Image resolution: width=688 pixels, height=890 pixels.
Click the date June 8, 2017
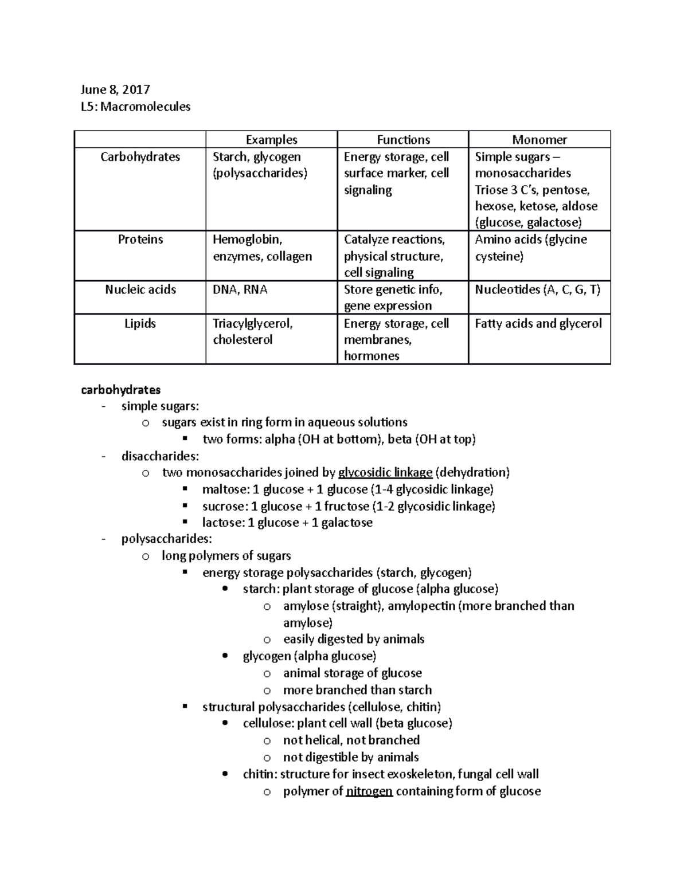point(115,89)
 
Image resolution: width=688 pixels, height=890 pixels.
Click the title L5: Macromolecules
point(136,107)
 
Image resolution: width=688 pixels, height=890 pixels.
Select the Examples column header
point(271,140)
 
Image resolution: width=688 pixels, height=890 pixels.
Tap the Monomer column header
point(539,140)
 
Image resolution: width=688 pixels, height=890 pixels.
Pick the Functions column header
point(403,140)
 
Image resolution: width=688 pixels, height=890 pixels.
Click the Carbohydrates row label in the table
point(140,157)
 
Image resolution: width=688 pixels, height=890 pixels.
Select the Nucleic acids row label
point(140,289)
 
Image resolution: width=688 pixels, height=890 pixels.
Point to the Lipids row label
point(140,323)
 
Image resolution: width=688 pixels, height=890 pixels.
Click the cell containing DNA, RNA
point(240,289)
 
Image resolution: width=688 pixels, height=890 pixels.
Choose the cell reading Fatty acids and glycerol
point(538,323)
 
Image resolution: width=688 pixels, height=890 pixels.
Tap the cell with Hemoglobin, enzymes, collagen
point(262,248)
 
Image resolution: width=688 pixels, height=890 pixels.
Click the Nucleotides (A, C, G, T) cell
point(537,289)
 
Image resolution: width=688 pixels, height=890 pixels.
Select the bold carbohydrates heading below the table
point(120,390)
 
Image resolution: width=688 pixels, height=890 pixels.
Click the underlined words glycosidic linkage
point(385,473)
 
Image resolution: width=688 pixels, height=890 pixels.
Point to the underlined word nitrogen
point(369,791)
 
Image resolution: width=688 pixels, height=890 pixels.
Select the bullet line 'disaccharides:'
point(160,456)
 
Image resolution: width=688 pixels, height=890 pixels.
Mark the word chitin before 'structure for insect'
point(259,774)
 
